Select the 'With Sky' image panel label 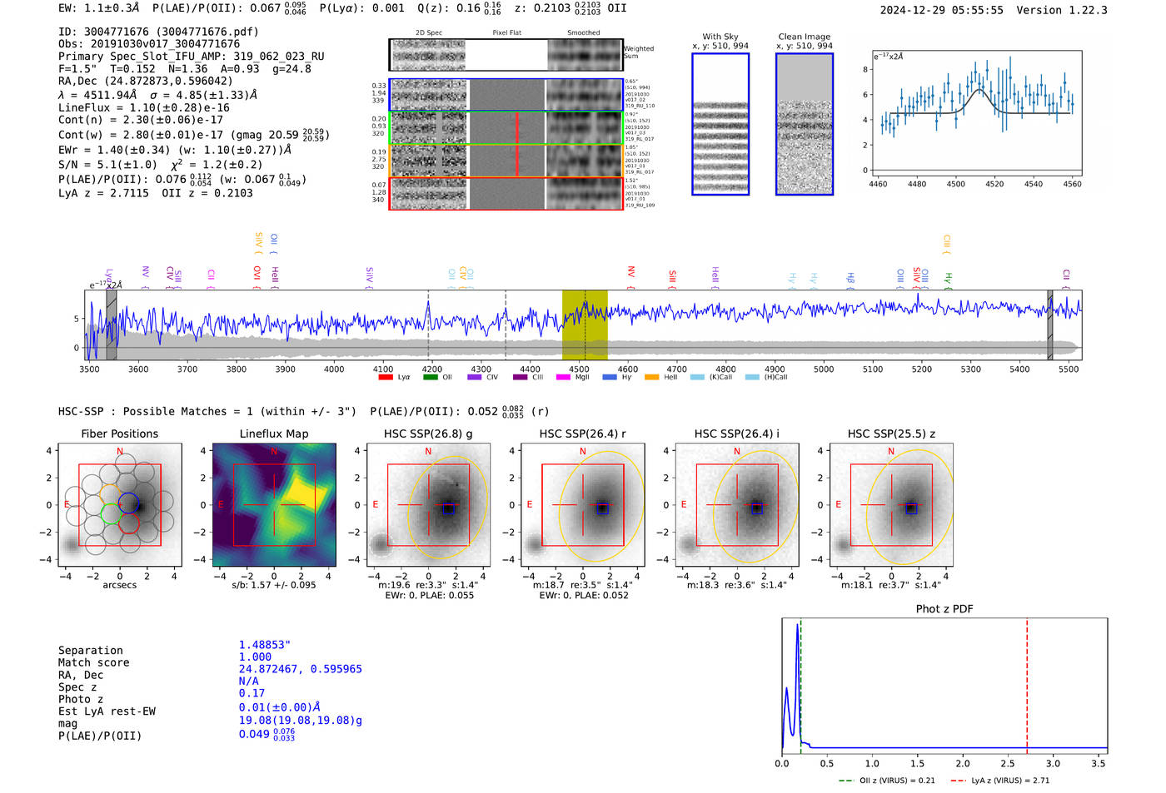tap(720, 37)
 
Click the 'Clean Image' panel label tap(804, 37)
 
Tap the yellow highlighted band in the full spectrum tap(584, 325)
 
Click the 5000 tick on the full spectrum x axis tap(824, 369)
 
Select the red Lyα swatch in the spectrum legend tap(386, 378)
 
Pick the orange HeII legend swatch tap(651, 378)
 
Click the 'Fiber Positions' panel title tap(119, 434)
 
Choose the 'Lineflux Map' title tap(273, 434)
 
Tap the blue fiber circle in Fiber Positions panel tap(128, 501)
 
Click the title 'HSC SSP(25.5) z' tap(891, 434)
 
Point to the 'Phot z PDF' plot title tap(944, 608)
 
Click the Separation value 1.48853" tap(264, 645)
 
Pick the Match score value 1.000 tap(255, 657)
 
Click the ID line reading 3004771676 tap(158, 32)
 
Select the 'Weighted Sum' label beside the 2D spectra tap(638, 52)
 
